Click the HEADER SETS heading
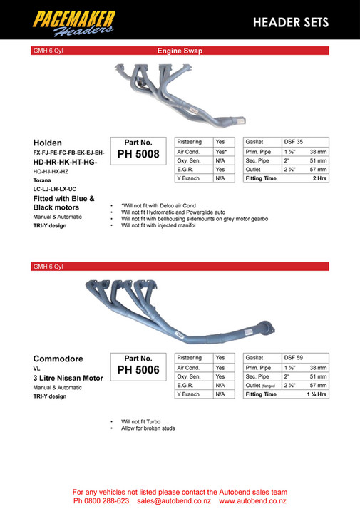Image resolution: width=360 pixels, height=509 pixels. point(291,22)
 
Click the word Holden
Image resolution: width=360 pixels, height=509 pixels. point(48,142)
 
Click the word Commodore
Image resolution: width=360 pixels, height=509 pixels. point(58,358)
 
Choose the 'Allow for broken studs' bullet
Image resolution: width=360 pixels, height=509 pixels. point(148,428)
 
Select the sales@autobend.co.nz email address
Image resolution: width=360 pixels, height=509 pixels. point(173,501)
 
